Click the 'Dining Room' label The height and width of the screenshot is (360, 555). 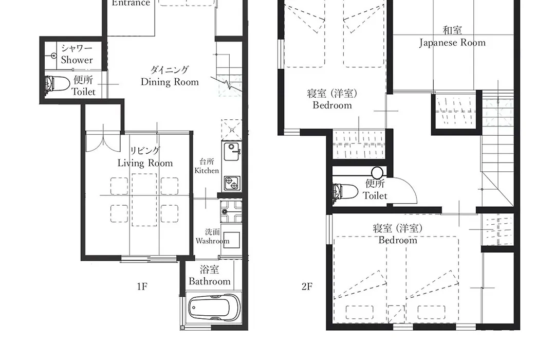tap(170, 82)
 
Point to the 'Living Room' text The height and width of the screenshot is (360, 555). tap(145, 163)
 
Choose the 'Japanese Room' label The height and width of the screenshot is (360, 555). tap(452, 43)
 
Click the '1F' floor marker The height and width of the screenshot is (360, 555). tap(142, 286)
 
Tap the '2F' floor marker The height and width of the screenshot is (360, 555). tap(307, 286)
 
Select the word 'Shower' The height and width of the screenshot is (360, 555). tap(77, 60)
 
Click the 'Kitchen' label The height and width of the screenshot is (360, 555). tap(207, 170)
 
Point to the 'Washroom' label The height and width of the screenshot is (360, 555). tap(212, 241)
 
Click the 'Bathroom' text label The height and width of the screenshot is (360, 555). tap(210, 281)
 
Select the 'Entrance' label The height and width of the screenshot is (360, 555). tap(131, 3)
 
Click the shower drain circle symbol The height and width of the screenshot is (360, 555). tap(54, 56)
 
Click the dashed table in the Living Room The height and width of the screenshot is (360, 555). tap(144, 200)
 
